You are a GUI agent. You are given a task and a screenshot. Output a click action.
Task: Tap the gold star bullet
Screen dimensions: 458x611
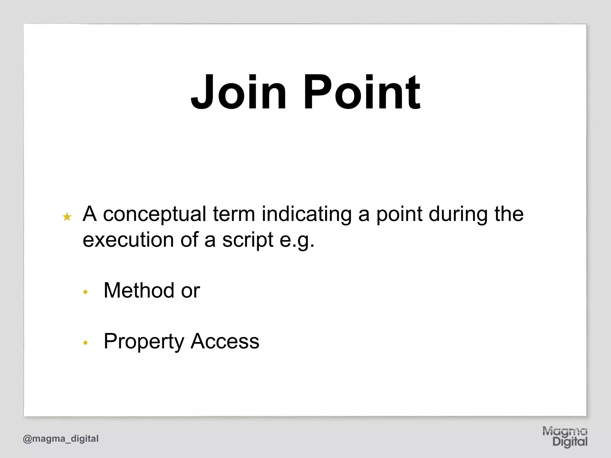(x=67, y=217)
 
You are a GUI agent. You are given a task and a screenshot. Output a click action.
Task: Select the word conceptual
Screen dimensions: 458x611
(x=155, y=215)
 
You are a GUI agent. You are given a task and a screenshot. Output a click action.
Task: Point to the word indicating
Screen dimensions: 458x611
(x=306, y=215)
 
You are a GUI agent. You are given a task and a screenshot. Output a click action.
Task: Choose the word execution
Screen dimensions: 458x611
(x=128, y=240)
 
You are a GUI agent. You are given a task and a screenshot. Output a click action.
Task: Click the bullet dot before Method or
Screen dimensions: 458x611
(x=86, y=292)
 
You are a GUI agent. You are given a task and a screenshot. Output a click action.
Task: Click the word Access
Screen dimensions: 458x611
(x=225, y=341)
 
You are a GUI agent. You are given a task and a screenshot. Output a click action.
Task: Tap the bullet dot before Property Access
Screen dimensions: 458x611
(x=86, y=343)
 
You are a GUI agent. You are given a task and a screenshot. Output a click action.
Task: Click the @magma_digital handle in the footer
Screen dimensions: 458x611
(x=61, y=439)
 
